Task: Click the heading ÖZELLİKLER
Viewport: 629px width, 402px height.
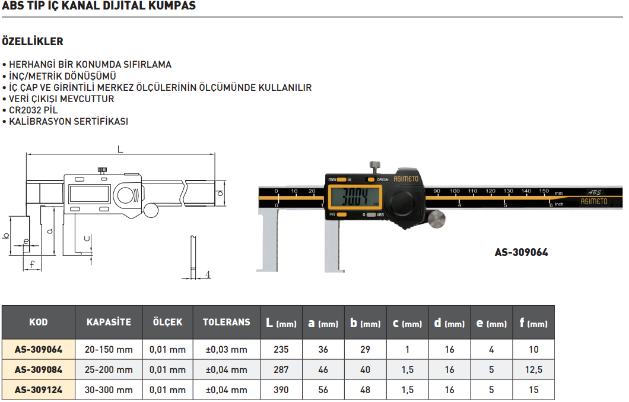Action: [33, 42]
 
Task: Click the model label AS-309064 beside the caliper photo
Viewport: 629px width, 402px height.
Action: [521, 252]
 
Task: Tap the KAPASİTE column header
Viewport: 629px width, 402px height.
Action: [109, 322]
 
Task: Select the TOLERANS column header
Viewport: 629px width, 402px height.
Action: [227, 322]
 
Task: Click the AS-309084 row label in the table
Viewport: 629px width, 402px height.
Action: [38, 370]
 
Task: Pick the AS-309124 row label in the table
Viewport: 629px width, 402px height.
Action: [38, 390]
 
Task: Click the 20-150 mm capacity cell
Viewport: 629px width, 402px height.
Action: [109, 350]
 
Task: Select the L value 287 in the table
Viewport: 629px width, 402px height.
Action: [281, 370]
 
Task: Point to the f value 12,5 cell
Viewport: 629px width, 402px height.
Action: [533, 370]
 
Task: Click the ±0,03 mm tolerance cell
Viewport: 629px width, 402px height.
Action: [227, 350]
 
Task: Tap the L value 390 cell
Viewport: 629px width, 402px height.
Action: [281, 390]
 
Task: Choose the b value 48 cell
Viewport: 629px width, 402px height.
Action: [365, 390]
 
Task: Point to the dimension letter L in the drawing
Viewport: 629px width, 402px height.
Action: [120, 150]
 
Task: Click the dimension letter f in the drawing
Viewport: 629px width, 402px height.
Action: [32, 264]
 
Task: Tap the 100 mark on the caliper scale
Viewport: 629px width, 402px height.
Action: [455, 191]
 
